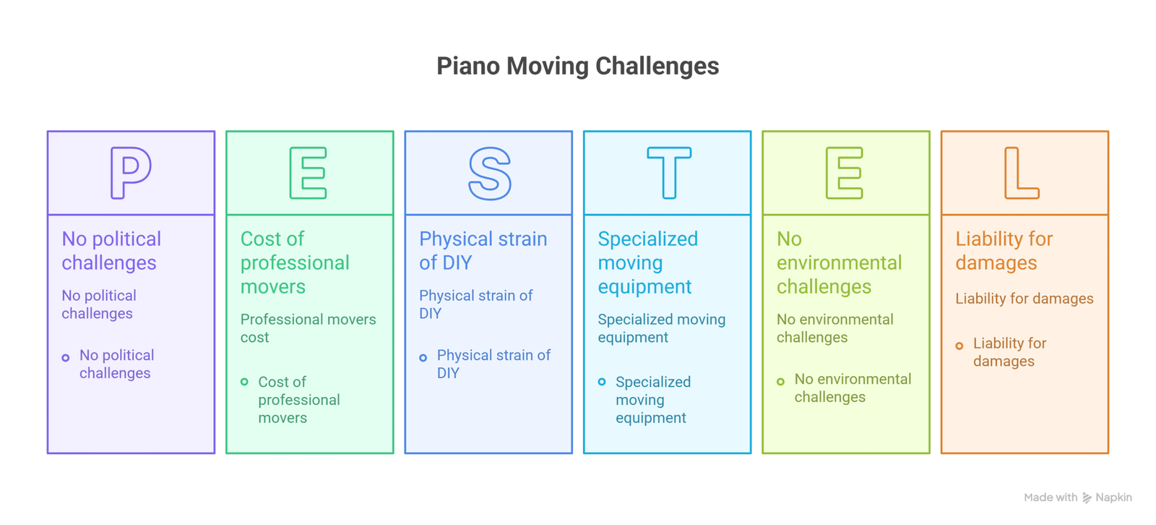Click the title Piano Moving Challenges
click(x=577, y=66)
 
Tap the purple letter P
click(x=130, y=173)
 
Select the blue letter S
click(x=489, y=173)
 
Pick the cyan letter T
click(x=668, y=173)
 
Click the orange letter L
click(x=1021, y=173)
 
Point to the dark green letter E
click(x=309, y=173)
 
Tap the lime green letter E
click(x=845, y=173)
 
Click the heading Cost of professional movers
click(x=295, y=262)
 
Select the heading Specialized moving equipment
click(x=647, y=262)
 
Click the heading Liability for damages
click(x=1004, y=250)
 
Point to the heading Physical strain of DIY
click(x=483, y=250)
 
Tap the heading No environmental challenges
click(x=839, y=262)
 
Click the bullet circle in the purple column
click(x=66, y=357)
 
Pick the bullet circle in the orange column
click(x=959, y=346)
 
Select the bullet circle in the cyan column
click(x=602, y=382)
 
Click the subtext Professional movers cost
click(x=308, y=328)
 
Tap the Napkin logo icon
click(x=1087, y=498)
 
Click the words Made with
click(x=1050, y=498)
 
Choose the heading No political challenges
click(x=111, y=250)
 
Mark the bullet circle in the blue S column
click(x=423, y=357)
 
